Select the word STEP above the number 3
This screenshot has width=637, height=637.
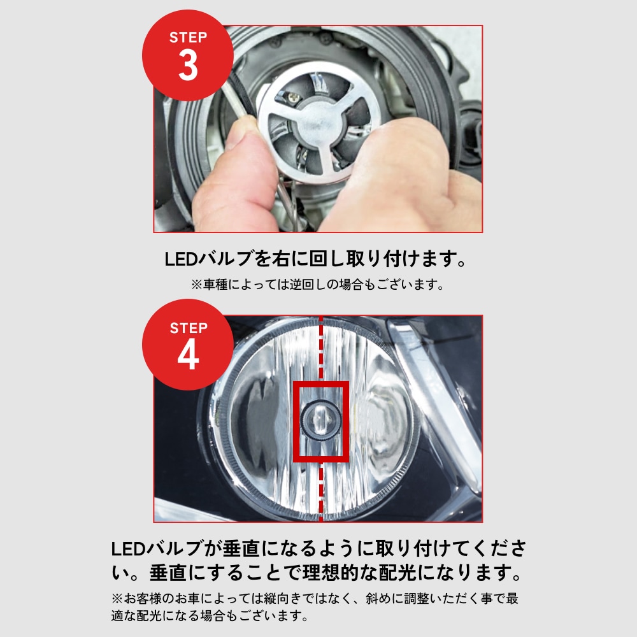point(188,38)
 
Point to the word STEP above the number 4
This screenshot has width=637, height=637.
point(188,328)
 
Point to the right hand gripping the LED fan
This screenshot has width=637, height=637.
point(408,172)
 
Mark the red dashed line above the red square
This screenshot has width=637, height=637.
point(321,347)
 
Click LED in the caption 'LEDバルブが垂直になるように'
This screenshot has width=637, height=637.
point(128,549)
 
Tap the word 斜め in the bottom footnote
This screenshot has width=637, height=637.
point(391,599)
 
